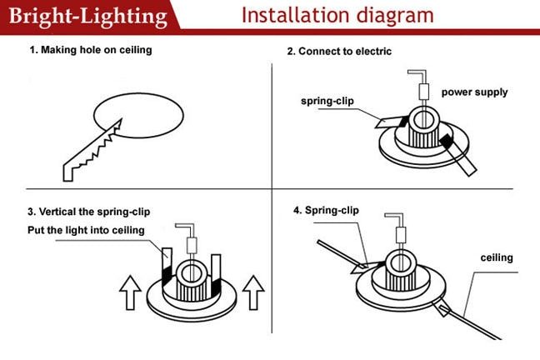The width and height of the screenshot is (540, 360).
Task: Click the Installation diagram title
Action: click(x=337, y=15)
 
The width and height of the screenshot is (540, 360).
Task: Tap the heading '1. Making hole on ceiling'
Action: click(x=90, y=50)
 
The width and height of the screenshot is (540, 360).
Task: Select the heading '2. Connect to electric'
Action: click(x=339, y=52)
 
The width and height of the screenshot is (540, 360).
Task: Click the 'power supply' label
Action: click(x=474, y=92)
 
